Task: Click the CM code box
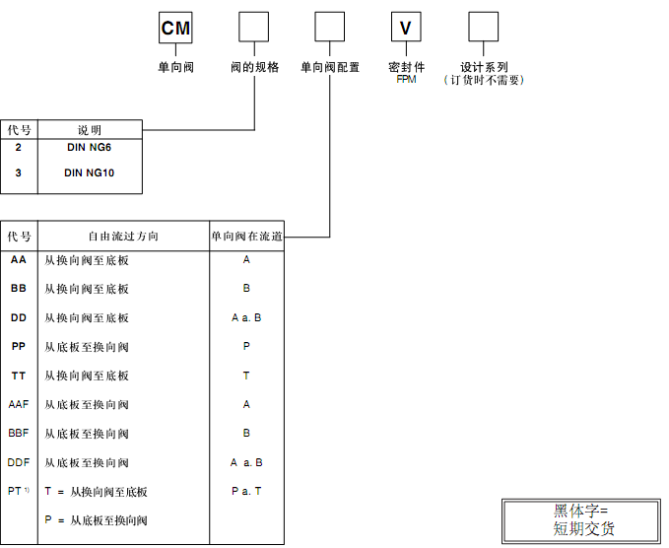[175, 29]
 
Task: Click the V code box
[405, 29]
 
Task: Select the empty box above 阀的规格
[254, 28]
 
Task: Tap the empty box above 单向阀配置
[329, 28]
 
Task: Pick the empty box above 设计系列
[483, 28]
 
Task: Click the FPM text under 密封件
[407, 79]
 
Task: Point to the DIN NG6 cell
[89, 147]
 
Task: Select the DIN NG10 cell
[89, 172]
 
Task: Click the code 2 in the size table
[19, 147]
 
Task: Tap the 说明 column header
[89, 130]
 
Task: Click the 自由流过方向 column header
[123, 237]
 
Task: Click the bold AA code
[19, 260]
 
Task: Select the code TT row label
[19, 376]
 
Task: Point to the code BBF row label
[19, 433]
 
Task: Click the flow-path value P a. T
[246, 491]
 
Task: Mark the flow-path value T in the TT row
[246, 376]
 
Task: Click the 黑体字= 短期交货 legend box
[581, 519]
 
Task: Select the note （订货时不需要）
[483, 80]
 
